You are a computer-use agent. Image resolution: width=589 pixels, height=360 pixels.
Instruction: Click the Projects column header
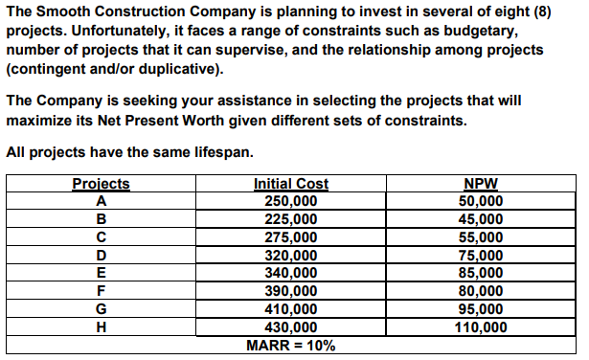coord(101,184)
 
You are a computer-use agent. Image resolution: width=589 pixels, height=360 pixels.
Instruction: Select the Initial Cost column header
coord(290,184)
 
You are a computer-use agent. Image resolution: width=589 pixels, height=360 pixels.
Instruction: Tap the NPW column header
coord(479,184)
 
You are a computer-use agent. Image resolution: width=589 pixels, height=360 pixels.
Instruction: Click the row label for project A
coord(101,201)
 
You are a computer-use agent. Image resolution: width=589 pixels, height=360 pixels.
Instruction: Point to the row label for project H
coord(101,326)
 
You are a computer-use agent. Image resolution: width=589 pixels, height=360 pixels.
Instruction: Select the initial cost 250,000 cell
coord(290,201)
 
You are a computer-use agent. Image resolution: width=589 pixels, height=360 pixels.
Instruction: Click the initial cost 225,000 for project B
coord(290,219)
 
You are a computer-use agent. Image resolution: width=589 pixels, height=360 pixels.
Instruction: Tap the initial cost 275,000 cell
coord(290,236)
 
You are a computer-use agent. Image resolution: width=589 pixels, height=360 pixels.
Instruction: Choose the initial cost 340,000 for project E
coord(290,273)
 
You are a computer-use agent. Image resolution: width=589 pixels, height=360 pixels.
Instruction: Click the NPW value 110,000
coord(479,326)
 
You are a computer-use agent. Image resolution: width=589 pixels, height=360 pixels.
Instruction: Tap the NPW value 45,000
coord(479,219)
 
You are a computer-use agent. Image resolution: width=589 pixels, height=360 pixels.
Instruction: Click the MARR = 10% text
coord(290,345)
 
